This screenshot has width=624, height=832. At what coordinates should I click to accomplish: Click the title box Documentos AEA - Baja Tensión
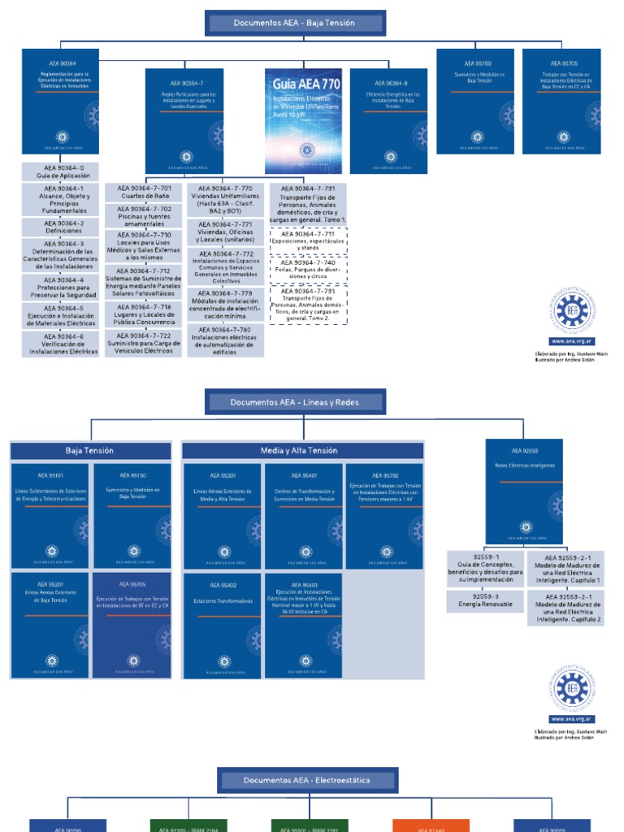pos(295,24)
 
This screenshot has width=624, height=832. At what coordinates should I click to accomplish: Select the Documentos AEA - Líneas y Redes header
pos(295,402)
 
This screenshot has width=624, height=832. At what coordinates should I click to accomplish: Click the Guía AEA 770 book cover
pos(303,120)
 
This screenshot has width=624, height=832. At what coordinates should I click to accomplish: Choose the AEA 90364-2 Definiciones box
pos(63,227)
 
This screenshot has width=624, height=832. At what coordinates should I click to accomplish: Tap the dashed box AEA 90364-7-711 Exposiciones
pos(308,240)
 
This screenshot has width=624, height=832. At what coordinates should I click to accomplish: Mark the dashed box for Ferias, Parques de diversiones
pos(308,268)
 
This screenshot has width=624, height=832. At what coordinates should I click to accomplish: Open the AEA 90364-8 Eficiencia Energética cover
pos(388,120)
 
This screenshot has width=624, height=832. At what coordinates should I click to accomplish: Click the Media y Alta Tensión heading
pos(299,450)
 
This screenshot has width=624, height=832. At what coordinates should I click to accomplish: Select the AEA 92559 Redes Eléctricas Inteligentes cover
pos(523,492)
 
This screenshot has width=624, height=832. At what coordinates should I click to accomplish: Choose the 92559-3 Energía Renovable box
pos(485,601)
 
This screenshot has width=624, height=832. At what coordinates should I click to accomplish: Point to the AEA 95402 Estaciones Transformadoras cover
pos(223,626)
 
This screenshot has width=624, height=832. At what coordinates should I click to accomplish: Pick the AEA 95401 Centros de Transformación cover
pos(303,516)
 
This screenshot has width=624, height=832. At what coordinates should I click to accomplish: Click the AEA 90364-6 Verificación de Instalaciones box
pos(63,344)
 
